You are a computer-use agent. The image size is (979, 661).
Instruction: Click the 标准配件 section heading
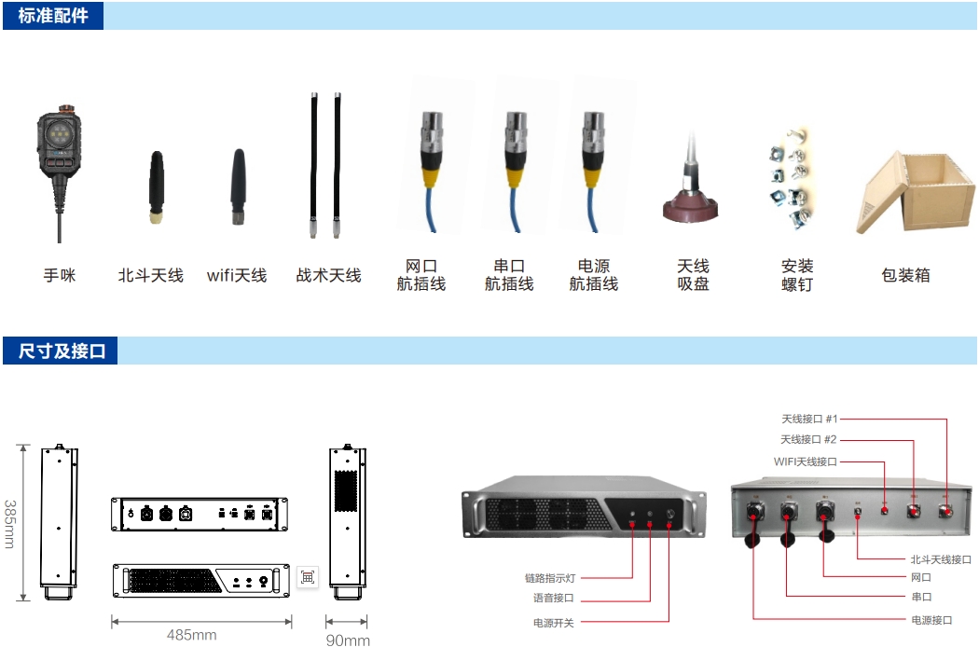pyautogui.click(x=53, y=16)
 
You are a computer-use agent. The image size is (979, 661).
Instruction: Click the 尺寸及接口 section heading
pyautogui.click(x=62, y=351)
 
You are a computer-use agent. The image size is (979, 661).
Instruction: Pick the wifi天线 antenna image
pyautogui.click(x=240, y=186)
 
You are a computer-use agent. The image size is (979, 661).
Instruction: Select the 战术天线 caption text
pyautogui.click(x=328, y=276)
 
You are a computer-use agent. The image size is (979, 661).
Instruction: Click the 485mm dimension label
pyautogui.click(x=192, y=635)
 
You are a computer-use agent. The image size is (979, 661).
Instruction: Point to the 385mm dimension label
pyautogui.click(x=11, y=523)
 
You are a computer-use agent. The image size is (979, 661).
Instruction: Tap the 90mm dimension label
pyautogui.click(x=348, y=640)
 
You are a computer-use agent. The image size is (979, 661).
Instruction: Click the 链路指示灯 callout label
pyautogui.click(x=549, y=578)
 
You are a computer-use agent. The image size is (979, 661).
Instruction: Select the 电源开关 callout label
pyautogui.click(x=553, y=623)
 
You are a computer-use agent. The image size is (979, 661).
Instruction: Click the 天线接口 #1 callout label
pyautogui.click(x=809, y=419)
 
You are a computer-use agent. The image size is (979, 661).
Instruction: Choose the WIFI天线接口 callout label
pyautogui.click(x=806, y=461)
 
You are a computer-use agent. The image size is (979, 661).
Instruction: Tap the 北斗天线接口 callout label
pyautogui.click(x=941, y=559)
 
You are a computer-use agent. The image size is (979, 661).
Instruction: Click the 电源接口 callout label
pyautogui.click(x=931, y=620)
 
